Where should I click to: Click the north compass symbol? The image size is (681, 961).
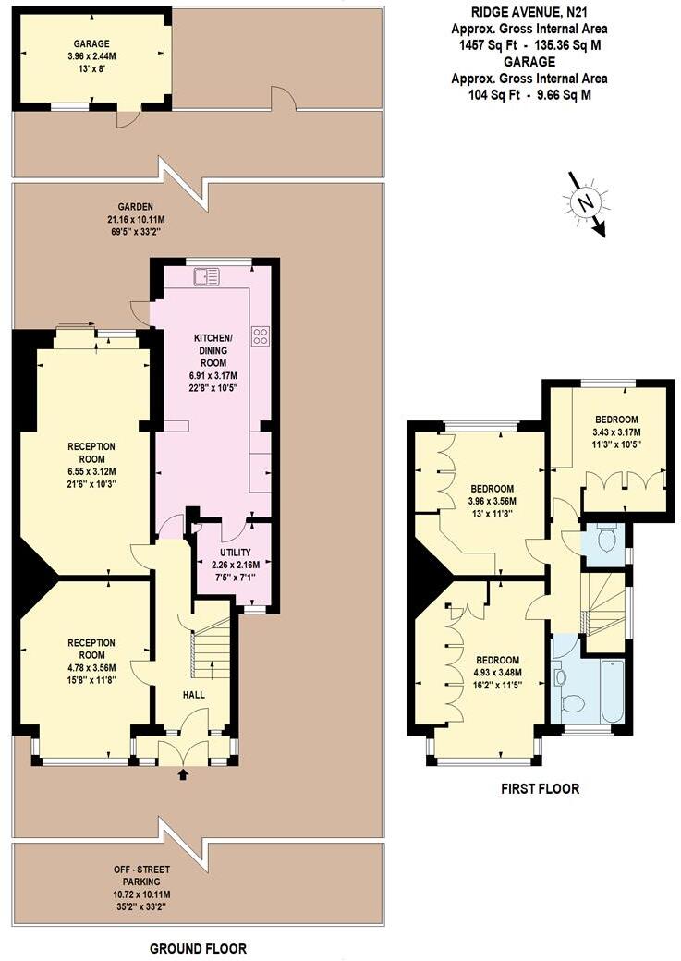click(586, 203)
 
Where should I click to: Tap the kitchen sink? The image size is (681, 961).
click(206, 276)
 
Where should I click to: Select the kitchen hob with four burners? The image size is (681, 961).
click(260, 335)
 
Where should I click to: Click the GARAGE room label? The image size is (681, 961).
click(92, 43)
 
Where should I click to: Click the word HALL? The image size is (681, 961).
click(194, 695)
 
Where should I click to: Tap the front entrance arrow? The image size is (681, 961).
click(182, 774)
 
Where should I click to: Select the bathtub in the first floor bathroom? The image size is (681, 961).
click(613, 690)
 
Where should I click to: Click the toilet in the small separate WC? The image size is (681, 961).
click(606, 539)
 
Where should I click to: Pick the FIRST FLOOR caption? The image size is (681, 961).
click(540, 789)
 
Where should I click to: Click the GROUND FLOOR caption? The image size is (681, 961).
click(198, 948)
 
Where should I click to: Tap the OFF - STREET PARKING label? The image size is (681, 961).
click(136, 876)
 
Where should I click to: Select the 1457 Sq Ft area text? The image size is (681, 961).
click(490, 44)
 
